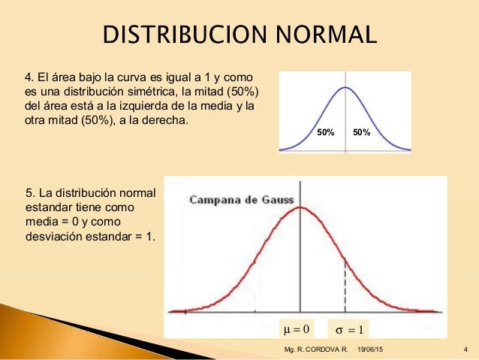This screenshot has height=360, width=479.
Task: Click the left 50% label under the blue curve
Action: point(325,132)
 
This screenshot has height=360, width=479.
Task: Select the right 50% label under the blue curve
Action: point(361,132)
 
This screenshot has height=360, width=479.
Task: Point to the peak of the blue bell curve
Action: point(345,88)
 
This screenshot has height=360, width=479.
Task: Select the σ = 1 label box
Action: point(348,328)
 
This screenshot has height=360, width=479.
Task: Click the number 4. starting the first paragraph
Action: point(31,77)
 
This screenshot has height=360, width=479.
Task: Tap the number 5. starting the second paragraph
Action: point(31,195)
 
